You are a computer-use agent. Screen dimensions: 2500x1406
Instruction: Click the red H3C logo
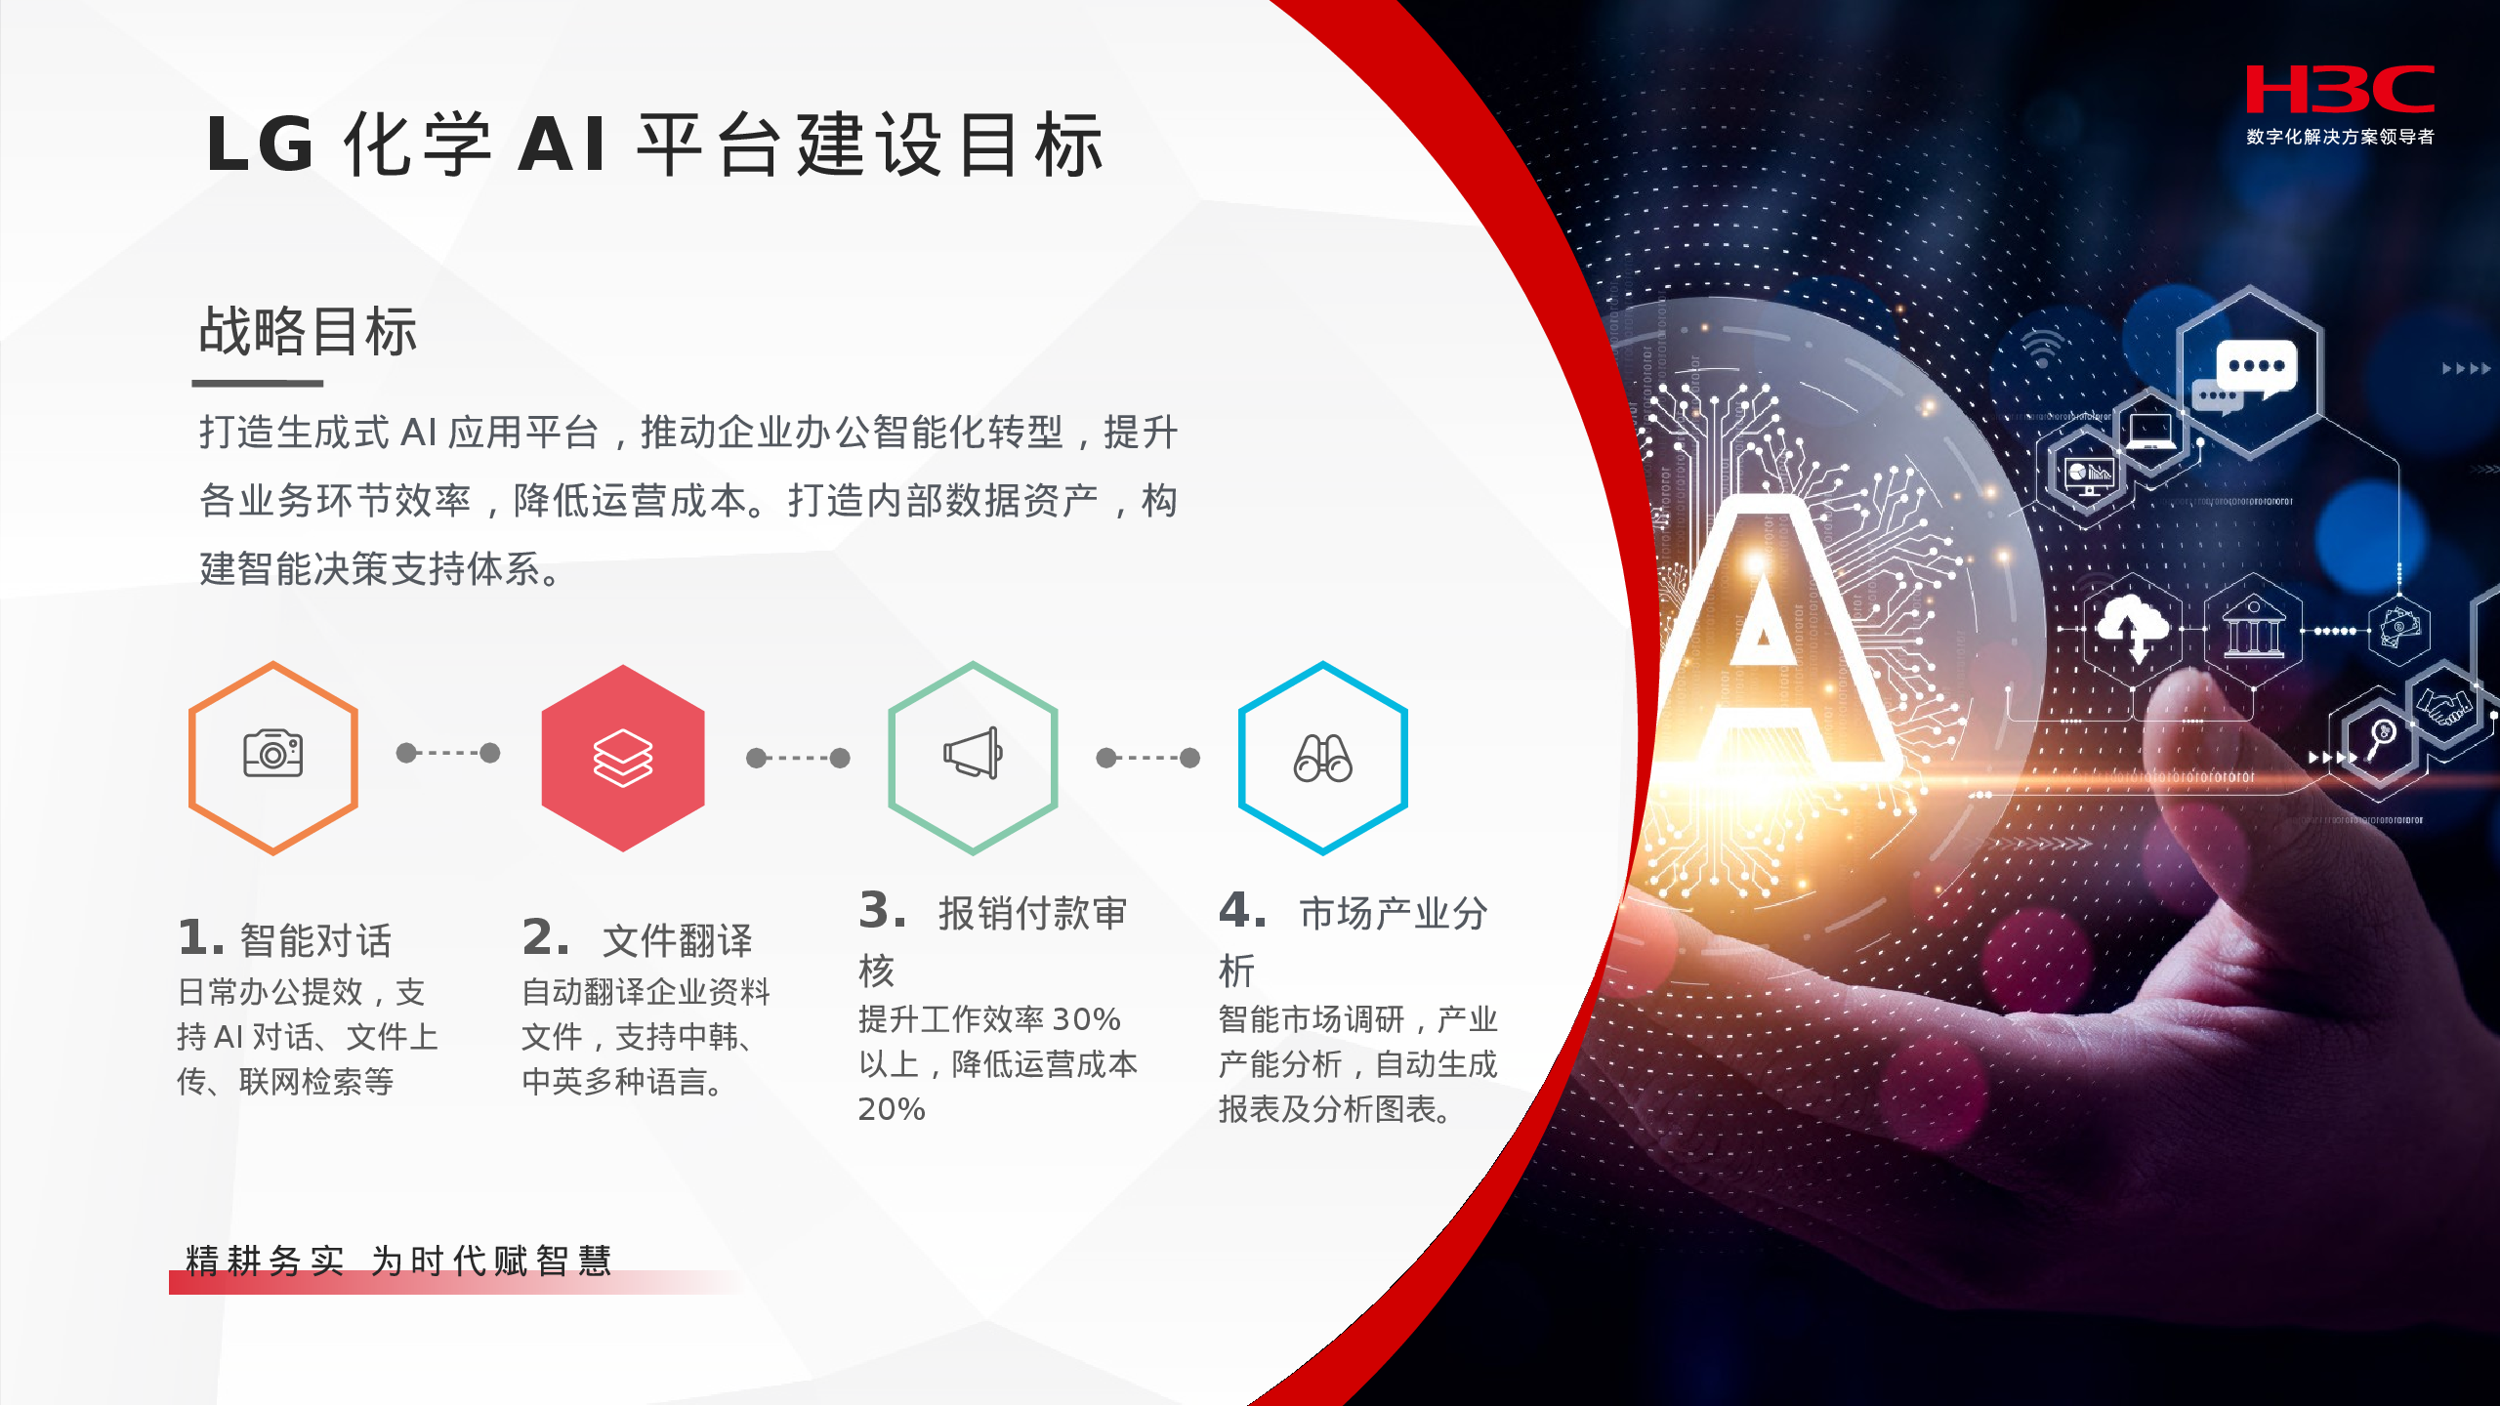coord(2340,90)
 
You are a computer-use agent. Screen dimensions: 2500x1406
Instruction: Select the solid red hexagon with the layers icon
coord(623,759)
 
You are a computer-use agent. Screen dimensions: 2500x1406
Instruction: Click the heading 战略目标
coord(309,331)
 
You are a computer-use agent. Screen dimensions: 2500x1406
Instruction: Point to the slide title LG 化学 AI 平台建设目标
coord(655,145)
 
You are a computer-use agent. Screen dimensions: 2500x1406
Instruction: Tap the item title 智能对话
coord(315,941)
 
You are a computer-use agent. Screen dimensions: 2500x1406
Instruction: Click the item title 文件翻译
coord(678,941)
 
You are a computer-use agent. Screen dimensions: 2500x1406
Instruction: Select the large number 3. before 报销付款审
coord(883,911)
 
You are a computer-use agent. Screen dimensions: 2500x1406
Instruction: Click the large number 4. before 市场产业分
coord(1242,911)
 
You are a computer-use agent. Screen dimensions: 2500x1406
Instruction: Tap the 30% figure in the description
coord(1086,1020)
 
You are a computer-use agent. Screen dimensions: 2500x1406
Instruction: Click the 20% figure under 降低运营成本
coord(892,1110)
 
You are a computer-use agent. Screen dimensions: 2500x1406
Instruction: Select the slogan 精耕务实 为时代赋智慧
coord(398,1261)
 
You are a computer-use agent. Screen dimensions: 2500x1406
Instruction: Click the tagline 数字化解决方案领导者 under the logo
coord(2340,137)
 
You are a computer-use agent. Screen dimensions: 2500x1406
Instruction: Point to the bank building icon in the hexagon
coord(2254,630)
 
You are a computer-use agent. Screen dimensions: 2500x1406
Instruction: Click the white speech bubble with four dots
coord(2257,367)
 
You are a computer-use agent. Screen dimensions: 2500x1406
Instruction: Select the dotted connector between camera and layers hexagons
coord(448,753)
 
